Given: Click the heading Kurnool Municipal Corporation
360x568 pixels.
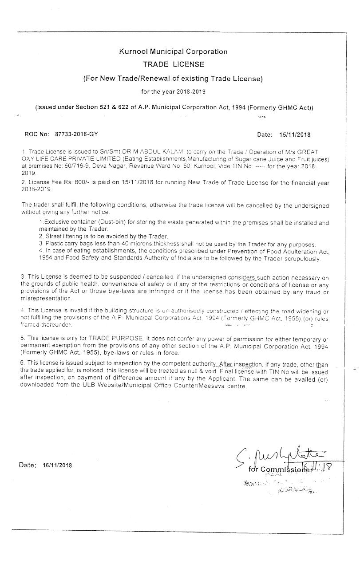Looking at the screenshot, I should [173, 51].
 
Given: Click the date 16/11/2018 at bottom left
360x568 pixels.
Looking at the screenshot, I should [57, 465].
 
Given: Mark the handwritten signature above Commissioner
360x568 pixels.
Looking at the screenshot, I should [284, 454].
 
